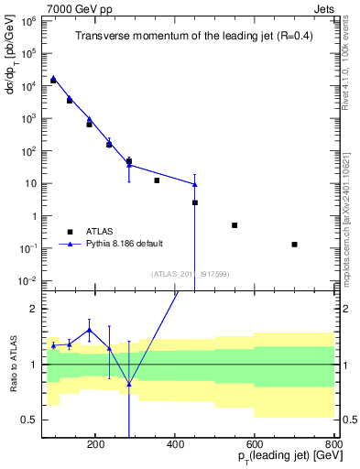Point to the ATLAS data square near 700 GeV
tap(294, 245)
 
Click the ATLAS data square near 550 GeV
tap(235, 225)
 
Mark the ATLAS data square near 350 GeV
tap(157, 180)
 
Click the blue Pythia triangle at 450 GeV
tap(195, 184)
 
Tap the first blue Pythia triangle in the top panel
tap(53, 78)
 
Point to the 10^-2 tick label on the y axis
tap(29, 280)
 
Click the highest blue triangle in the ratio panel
tap(89, 330)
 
